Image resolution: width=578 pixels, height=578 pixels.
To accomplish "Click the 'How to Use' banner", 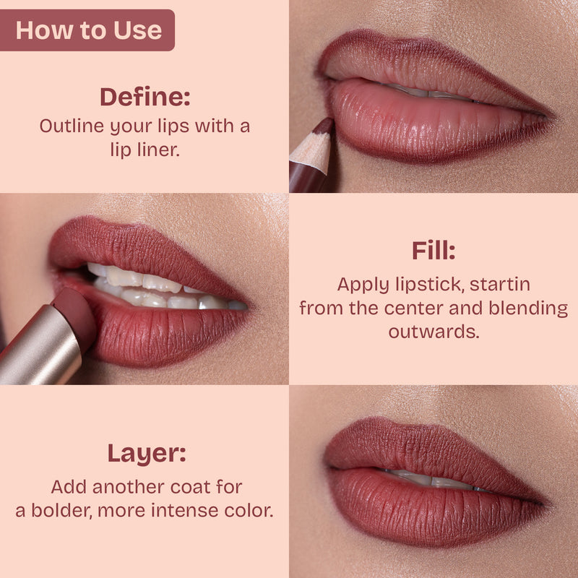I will pyautogui.click(x=88, y=30).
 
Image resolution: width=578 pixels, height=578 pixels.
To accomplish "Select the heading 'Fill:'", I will pyautogui.click(x=433, y=251).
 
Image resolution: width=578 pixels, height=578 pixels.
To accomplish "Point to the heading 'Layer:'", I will pyautogui.click(x=147, y=454).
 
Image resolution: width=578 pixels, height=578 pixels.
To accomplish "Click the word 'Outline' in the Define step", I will pyautogui.click(x=69, y=126).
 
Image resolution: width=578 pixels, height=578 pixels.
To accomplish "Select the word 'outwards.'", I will pyautogui.click(x=433, y=332).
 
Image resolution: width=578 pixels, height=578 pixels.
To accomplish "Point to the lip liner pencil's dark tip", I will pyautogui.click(x=324, y=127).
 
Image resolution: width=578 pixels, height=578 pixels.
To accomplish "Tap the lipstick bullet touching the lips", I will pyautogui.click(x=77, y=311).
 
